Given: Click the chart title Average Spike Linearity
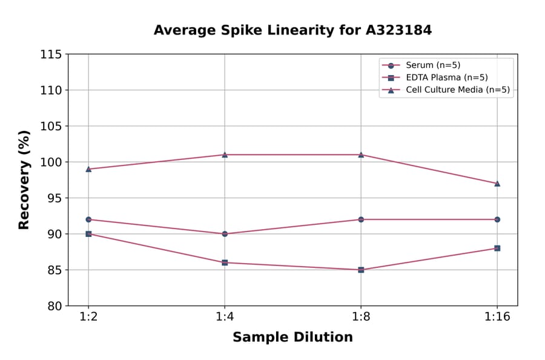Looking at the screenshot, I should click(x=292, y=30).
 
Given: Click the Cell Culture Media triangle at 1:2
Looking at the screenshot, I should click(x=88, y=169).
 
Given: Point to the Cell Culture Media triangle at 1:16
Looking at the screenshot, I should click(x=497, y=183).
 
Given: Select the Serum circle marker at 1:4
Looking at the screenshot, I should click(x=225, y=233).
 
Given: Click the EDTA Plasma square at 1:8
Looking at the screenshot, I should click(x=361, y=270).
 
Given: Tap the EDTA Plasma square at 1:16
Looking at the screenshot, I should click(x=497, y=248).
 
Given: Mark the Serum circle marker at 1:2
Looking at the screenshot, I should click(x=88, y=219).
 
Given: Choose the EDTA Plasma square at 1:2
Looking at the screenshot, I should click(x=88, y=234).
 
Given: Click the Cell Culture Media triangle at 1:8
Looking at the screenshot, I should click(x=361, y=155).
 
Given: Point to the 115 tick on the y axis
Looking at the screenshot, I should click(x=51, y=55).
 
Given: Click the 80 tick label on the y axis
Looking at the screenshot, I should click(x=54, y=306).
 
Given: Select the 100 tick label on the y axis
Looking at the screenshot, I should click(x=51, y=162).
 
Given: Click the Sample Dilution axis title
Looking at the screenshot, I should click(x=292, y=338).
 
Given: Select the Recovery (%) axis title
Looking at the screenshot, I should click(x=24, y=180).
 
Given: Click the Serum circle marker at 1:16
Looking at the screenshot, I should click(x=497, y=219).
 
